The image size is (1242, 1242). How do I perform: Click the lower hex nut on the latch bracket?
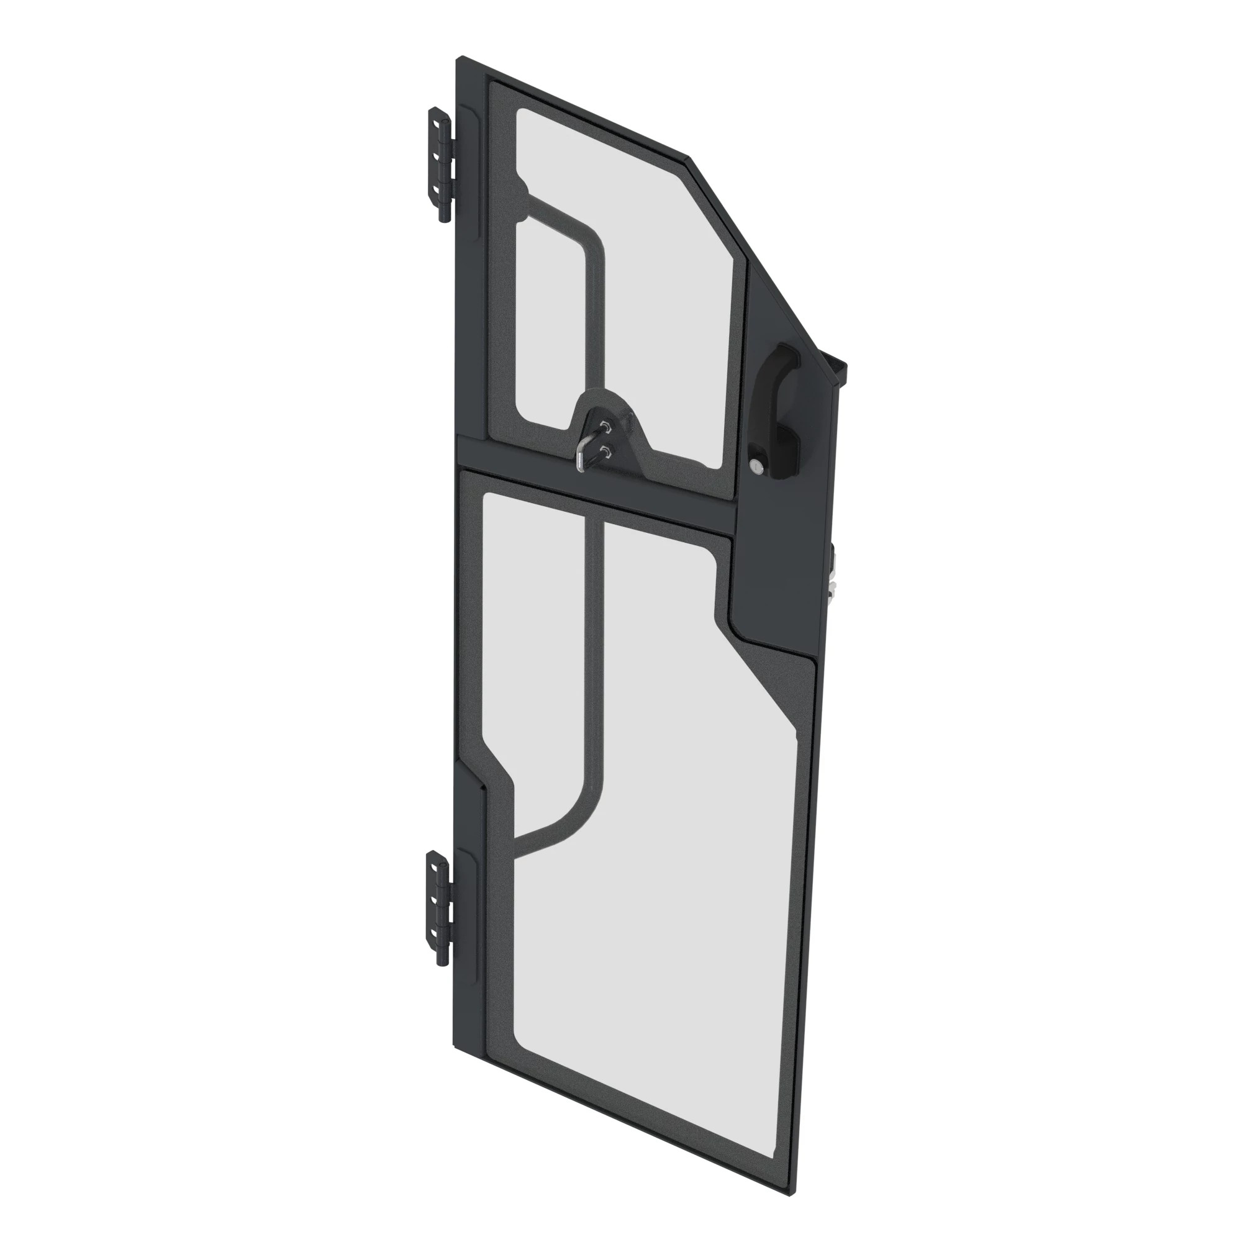point(605,451)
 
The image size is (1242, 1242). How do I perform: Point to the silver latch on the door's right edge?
point(833,576)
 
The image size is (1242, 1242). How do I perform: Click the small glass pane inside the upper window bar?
point(553,328)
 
